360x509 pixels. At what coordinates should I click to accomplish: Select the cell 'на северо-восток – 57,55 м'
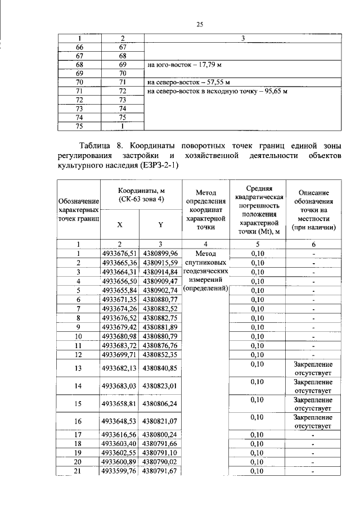coord(185,82)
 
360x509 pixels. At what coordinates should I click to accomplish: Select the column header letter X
coord(120,224)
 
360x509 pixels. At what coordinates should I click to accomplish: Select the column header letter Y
coord(160,224)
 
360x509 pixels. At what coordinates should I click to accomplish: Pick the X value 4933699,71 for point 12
coord(120,355)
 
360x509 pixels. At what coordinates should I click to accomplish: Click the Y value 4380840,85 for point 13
coord(160,368)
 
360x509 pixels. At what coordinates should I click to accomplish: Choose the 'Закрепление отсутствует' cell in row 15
coord(313,404)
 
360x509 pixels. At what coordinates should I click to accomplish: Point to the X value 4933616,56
coord(120,434)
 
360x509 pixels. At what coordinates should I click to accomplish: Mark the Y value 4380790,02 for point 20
coord(160,462)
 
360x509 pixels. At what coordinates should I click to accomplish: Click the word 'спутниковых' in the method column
coord(205,263)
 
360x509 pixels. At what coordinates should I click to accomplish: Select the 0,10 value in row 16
coord(257,417)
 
